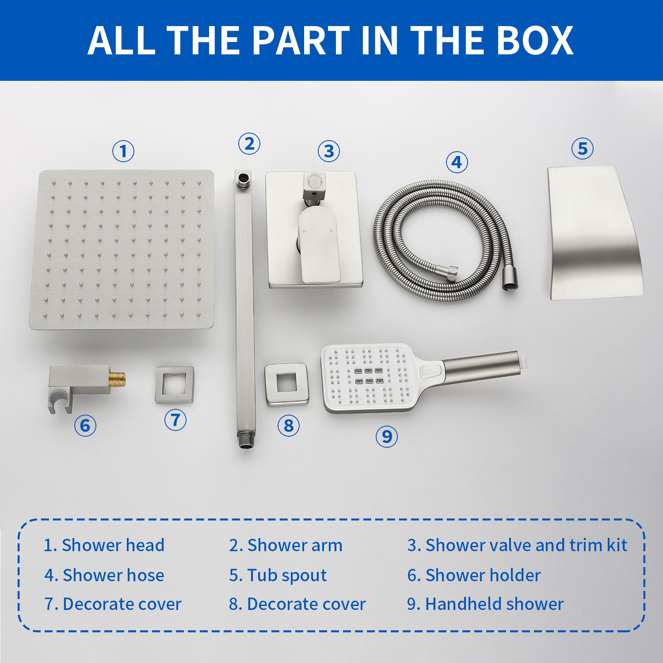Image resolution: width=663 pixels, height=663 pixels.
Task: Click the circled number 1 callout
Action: point(123,151)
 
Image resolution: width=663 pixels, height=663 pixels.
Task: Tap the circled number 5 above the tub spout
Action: point(583,148)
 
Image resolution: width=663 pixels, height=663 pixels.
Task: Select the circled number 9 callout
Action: point(387,436)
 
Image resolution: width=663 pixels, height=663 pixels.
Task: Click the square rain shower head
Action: point(122,250)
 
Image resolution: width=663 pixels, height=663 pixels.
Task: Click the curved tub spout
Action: point(594,233)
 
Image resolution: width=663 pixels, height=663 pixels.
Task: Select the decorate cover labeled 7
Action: point(175,385)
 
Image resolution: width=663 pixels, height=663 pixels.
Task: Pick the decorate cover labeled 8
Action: point(287,383)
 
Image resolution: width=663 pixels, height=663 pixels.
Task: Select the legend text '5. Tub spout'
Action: point(278,575)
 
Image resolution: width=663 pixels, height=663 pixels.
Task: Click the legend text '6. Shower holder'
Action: point(474,575)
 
